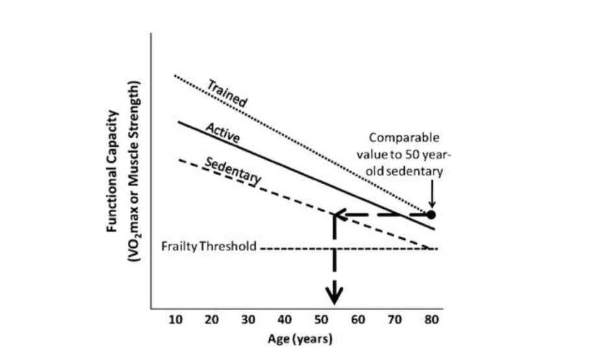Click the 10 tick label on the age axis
(x=175, y=320)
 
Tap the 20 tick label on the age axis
(x=211, y=320)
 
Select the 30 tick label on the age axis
(x=248, y=320)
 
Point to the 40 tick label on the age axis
(x=284, y=320)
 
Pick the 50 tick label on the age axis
(x=321, y=320)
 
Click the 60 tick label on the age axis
(x=358, y=320)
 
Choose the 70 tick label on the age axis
(x=394, y=320)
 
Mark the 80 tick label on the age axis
(x=430, y=320)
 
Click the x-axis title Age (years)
(x=301, y=339)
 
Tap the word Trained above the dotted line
(x=227, y=93)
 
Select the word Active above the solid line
(x=223, y=132)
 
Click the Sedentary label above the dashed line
(x=232, y=170)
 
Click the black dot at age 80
(x=431, y=214)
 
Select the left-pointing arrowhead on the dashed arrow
(x=339, y=215)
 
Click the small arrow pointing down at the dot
(x=431, y=203)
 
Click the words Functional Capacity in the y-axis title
(x=114, y=171)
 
